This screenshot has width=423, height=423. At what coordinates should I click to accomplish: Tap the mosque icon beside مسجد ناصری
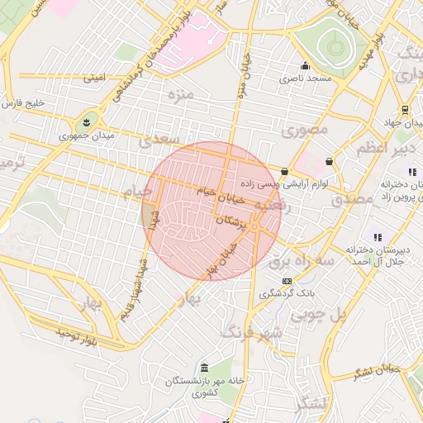click(x=306, y=66)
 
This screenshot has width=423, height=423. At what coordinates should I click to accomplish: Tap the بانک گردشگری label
click(x=286, y=293)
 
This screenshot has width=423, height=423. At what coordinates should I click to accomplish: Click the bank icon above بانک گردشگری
click(x=287, y=281)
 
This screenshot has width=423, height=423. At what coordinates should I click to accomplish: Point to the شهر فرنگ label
click(x=252, y=332)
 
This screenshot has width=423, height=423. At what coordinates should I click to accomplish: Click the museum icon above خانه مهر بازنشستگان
click(x=204, y=368)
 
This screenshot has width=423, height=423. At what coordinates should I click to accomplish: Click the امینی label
click(x=94, y=78)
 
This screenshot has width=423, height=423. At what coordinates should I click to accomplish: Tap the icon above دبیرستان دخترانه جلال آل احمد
click(x=377, y=237)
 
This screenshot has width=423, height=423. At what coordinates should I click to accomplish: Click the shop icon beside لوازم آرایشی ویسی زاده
click(x=285, y=172)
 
